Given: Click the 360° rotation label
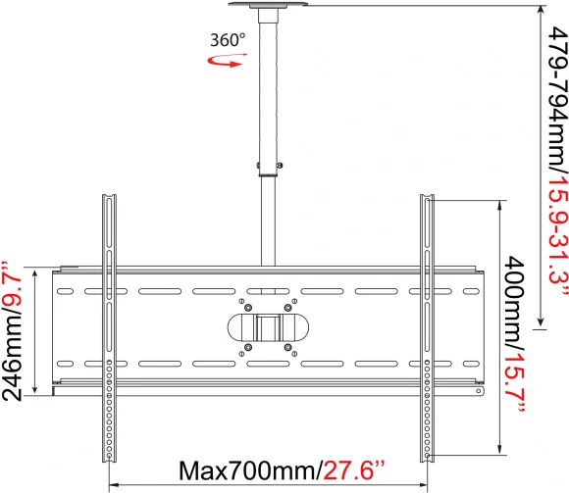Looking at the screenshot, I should [227, 41].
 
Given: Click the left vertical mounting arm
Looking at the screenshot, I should [108, 323].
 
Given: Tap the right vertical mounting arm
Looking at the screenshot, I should [428, 323].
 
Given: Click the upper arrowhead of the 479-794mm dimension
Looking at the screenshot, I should [541, 11].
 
